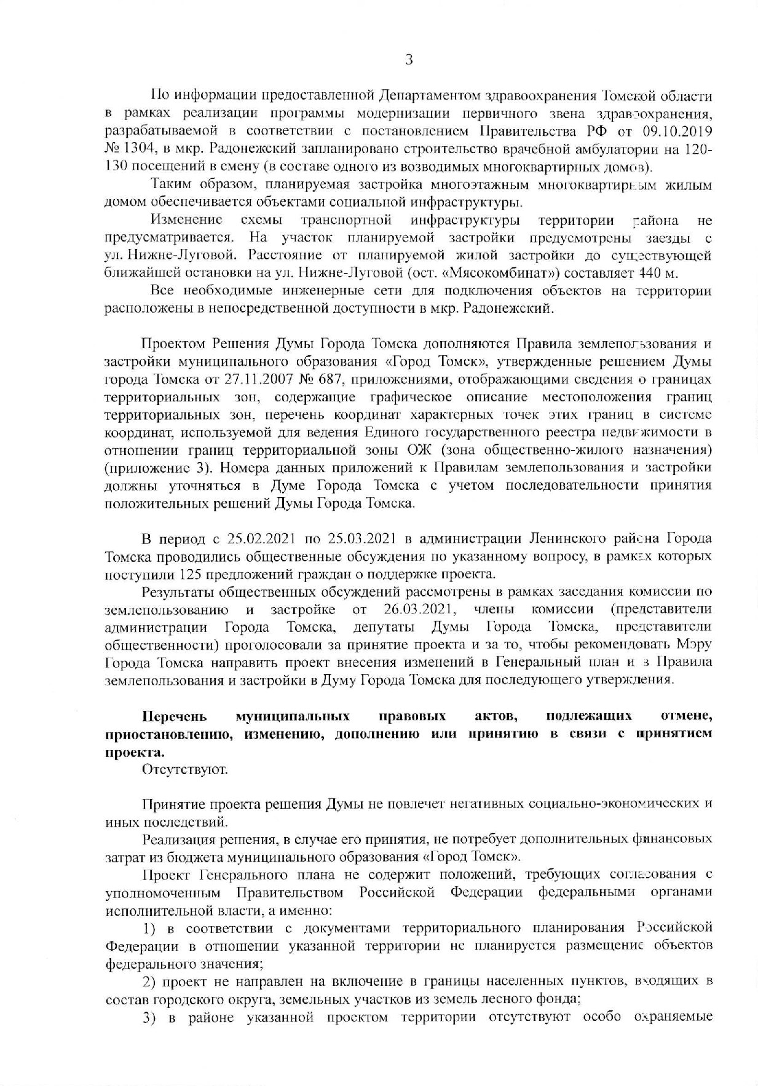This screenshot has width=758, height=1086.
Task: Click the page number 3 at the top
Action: point(409,60)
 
